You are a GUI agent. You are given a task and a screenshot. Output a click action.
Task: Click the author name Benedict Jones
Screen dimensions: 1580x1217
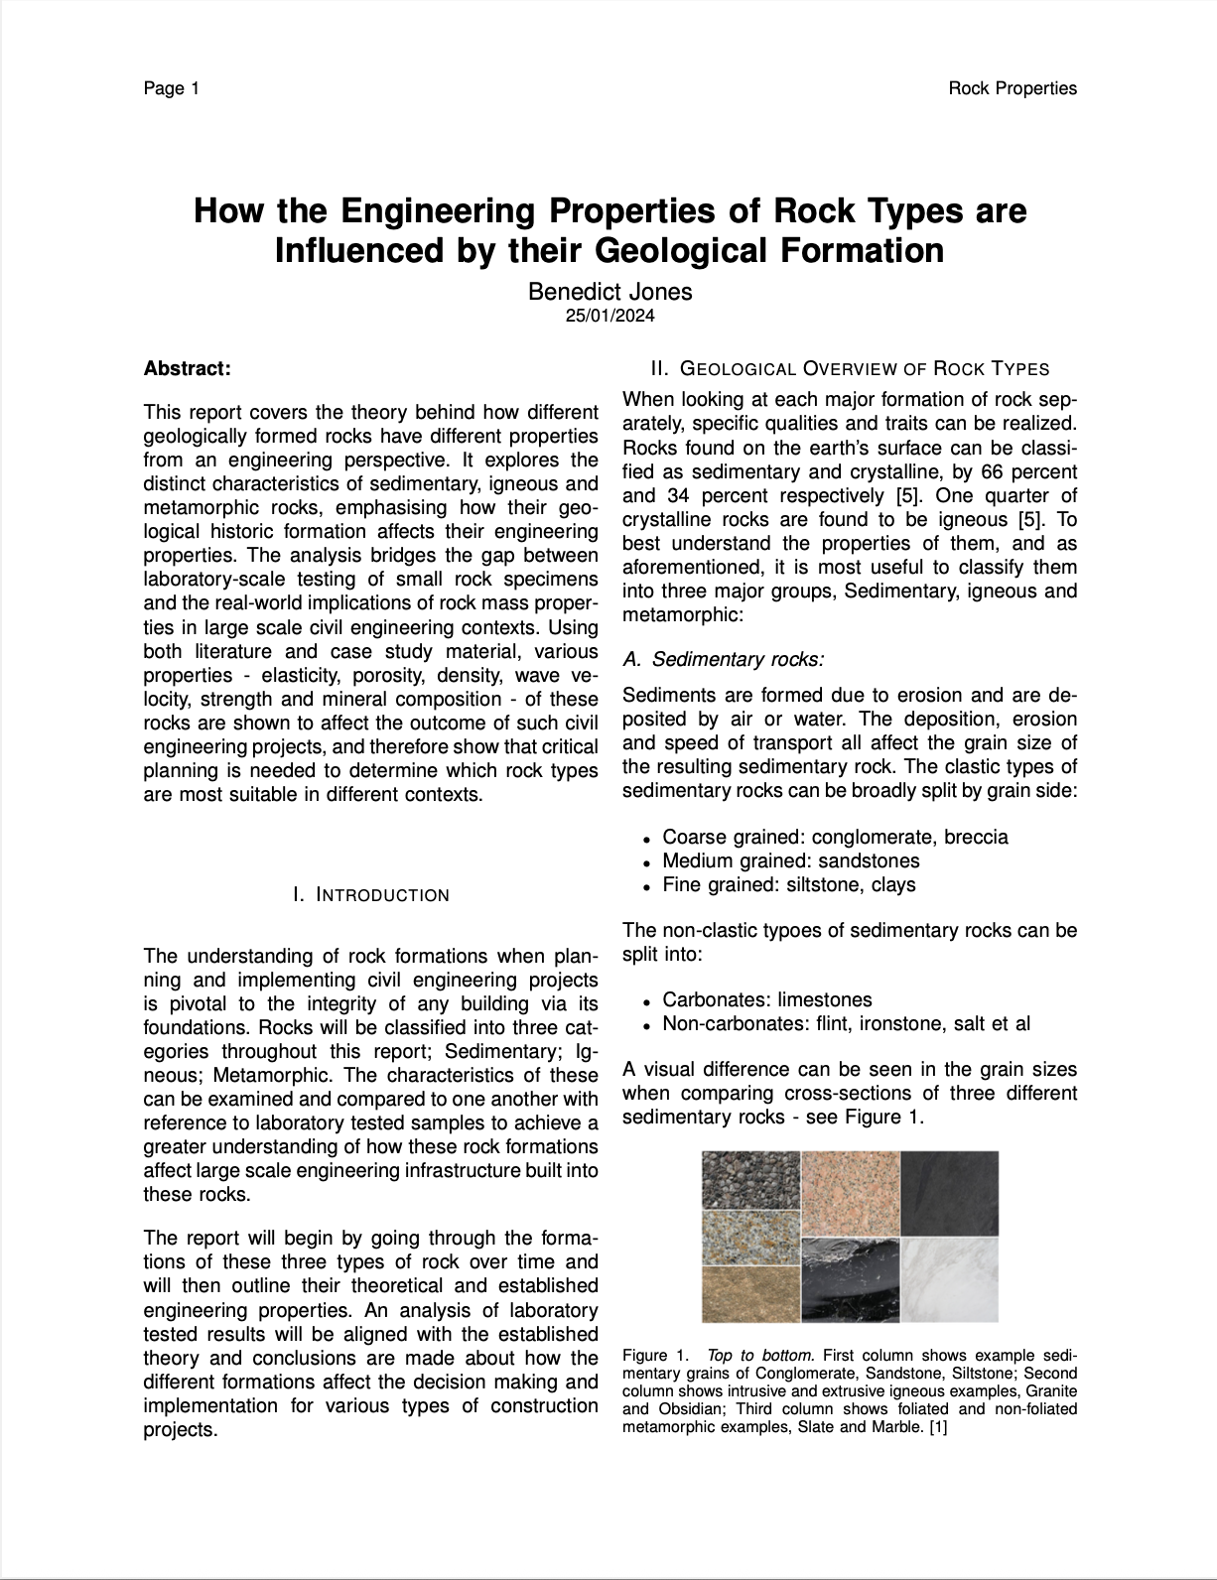(609, 291)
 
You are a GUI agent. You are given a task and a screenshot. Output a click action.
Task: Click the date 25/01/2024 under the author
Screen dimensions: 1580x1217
(609, 317)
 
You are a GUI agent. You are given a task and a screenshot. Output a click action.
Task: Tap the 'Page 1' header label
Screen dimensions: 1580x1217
(172, 88)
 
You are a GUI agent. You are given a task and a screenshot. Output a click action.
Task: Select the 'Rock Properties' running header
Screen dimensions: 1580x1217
(1012, 88)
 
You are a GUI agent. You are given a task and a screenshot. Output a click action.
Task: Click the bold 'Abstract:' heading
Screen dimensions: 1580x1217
(188, 369)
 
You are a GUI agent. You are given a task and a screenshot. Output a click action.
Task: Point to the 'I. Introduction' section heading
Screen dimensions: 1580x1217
(371, 895)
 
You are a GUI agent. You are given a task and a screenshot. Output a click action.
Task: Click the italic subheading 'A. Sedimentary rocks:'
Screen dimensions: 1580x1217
(724, 659)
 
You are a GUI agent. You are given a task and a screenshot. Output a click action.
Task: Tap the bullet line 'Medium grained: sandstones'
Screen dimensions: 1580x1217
(791, 860)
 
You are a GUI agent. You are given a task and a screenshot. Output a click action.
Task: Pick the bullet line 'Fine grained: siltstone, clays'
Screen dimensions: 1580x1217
(789, 884)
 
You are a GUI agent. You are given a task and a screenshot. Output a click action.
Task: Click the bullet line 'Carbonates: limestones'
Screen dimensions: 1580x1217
(767, 999)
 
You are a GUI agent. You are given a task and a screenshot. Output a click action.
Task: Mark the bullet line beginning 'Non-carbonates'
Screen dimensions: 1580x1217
(846, 1023)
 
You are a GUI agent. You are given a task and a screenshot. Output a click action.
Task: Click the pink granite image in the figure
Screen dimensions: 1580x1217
(850, 1193)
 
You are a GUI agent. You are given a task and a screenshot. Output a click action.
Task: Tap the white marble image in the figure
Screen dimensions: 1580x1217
(949, 1279)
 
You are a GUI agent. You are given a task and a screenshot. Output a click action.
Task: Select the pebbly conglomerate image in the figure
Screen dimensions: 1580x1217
(750, 1179)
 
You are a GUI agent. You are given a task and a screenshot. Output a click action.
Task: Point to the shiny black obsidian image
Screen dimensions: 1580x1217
(850, 1279)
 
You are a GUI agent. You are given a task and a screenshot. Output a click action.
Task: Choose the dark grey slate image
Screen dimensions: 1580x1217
(949, 1193)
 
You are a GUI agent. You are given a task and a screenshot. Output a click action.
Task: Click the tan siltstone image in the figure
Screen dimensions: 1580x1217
(750, 1294)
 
